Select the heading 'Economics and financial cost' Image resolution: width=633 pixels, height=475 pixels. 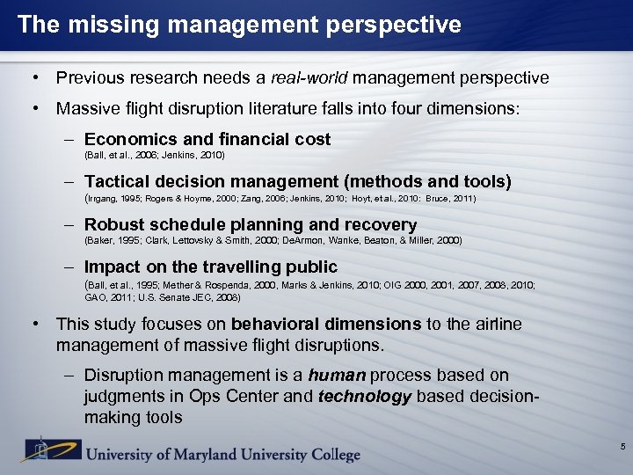point(207,139)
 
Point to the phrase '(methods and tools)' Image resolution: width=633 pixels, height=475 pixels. point(428,182)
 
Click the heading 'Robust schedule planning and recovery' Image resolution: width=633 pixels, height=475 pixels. point(251,224)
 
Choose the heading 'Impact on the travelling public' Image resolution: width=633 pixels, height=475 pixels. point(211,267)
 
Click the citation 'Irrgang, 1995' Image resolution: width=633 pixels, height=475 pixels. point(115,199)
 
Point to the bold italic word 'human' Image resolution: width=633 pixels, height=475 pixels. point(342,376)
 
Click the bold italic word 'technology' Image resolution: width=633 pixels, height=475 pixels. point(365,397)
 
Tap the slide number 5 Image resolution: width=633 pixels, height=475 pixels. point(622,448)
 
